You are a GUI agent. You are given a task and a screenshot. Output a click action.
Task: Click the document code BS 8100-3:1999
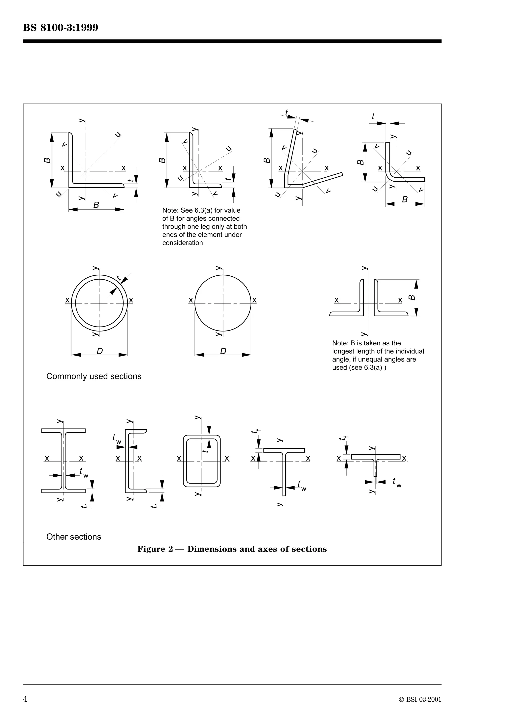61,28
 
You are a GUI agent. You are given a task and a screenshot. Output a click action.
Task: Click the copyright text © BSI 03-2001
420,700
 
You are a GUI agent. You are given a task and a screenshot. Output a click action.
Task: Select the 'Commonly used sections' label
94,376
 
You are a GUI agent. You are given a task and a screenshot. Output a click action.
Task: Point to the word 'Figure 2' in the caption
155,549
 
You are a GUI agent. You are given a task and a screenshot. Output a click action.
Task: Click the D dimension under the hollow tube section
99,351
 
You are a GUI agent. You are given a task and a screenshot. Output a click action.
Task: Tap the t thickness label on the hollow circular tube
118,278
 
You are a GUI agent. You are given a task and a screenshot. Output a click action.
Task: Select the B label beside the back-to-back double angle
412,297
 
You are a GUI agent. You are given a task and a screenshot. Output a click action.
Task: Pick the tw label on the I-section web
84,473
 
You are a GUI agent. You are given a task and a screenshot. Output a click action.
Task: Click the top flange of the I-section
63,431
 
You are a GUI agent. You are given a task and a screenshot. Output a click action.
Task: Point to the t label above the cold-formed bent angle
373,117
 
